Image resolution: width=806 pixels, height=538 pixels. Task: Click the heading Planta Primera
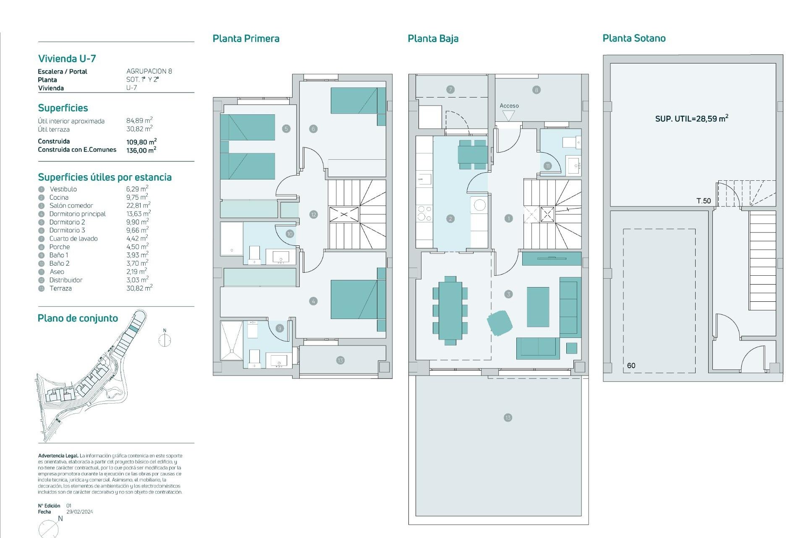246,39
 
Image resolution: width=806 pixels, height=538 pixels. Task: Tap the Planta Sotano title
634,38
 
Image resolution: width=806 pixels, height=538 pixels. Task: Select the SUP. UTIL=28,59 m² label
691,119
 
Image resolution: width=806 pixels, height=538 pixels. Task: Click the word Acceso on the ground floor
509,106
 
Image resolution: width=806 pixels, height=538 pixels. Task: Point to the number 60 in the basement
631,366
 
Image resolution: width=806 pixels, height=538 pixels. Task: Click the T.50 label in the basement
704,201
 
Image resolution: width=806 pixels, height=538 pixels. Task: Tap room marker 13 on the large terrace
508,417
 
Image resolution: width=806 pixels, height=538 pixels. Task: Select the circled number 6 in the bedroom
313,129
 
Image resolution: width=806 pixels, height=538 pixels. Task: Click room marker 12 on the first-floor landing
314,214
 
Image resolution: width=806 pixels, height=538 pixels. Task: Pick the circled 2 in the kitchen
450,219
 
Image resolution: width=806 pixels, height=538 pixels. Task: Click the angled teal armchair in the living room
500,323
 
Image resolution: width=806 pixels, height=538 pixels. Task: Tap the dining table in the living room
450,310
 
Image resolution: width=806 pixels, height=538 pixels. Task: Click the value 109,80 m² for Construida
141,142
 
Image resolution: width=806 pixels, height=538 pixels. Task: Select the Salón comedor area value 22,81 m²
138,206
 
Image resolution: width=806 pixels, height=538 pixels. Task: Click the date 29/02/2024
80,512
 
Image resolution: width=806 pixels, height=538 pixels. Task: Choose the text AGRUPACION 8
149,71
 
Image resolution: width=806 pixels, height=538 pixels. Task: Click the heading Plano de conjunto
78,318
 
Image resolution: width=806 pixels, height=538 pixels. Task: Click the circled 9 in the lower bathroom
280,328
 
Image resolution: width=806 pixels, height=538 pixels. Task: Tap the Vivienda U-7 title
67,58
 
